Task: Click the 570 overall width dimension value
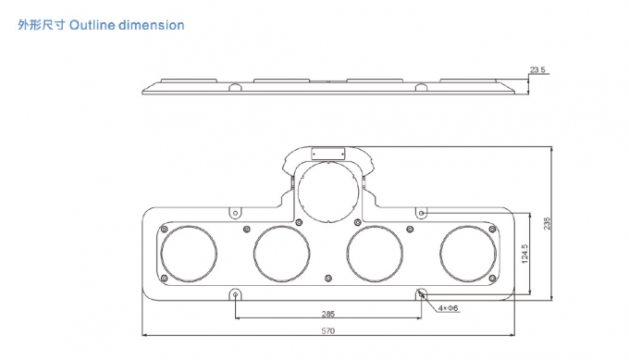(x=327, y=330)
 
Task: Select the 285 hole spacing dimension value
(x=328, y=313)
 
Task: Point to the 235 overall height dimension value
(x=548, y=223)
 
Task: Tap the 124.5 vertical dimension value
(x=524, y=254)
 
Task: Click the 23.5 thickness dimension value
(x=537, y=69)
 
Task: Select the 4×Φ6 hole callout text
(x=449, y=307)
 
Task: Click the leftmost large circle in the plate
(x=189, y=253)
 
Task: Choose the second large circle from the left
(x=281, y=253)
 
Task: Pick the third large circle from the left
(x=375, y=253)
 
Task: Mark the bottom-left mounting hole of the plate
(x=236, y=294)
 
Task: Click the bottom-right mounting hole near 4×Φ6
(x=422, y=294)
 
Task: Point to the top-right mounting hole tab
(x=422, y=213)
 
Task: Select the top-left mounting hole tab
(x=236, y=213)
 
